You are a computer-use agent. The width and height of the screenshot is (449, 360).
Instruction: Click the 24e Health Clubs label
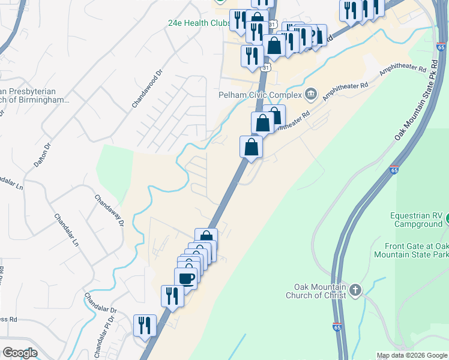coord(199,23)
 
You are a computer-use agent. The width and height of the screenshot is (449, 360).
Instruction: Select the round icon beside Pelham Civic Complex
coord(311,93)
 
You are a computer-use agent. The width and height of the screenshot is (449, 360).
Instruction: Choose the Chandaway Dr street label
coord(109,210)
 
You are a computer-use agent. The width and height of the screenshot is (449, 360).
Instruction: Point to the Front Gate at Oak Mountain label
coord(417,250)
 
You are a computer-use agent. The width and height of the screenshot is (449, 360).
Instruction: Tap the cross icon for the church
coord(355,291)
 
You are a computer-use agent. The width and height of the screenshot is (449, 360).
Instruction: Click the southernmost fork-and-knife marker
coord(145,326)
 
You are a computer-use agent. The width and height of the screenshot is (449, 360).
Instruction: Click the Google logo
coord(20,353)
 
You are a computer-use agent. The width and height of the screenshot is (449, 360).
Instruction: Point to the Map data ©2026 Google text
coord(412,355)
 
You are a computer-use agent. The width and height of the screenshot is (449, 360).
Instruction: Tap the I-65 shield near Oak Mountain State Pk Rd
coord(441,47)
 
